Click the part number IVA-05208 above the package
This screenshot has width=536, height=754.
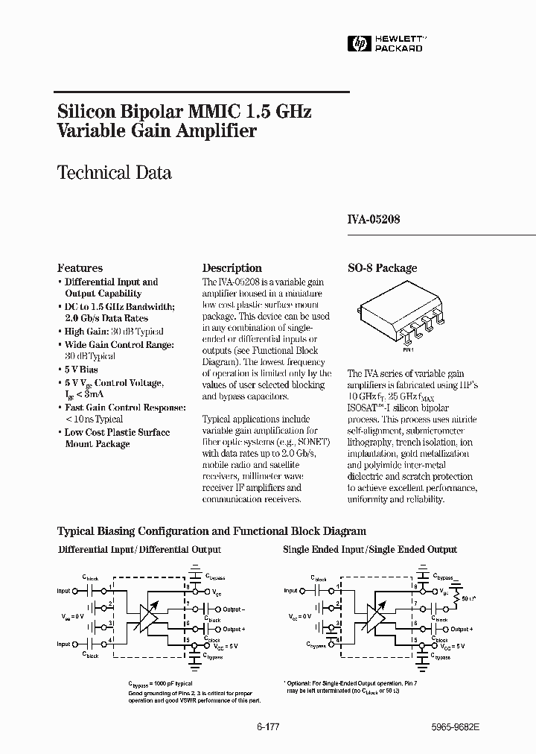[x=374, y=221]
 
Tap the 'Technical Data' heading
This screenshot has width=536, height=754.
[x=115, y=173]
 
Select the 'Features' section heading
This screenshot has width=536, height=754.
[x=80, y=268]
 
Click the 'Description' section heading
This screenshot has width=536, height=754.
[x=232, y=268]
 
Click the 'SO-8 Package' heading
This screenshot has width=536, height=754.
[x=383, y=268]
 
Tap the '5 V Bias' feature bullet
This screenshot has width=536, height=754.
[x=81, y=370]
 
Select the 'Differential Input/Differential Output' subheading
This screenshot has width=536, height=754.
[x=139, y=550]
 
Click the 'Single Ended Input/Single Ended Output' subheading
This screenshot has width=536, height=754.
[x=370, y=550]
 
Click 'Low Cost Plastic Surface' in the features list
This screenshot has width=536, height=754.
[x=117, y=432]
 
